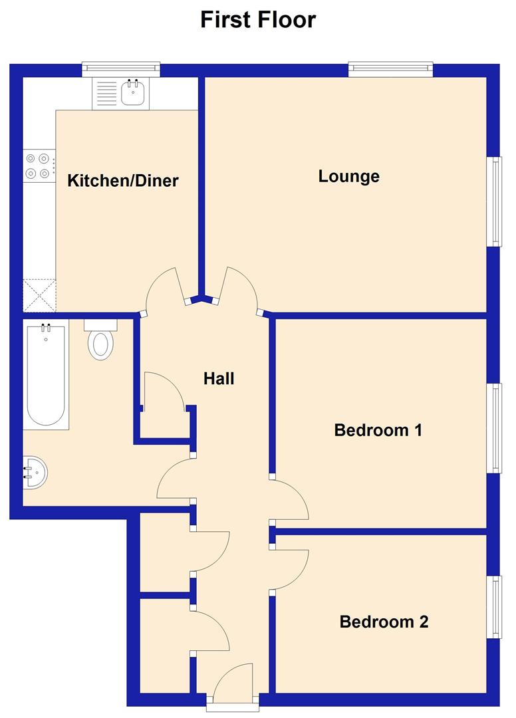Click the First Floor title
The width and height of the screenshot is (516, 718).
point(258,20)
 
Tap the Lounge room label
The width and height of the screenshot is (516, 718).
point(348,176)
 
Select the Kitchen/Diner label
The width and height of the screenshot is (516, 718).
point(124,180)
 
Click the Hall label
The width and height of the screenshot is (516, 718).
point(219,379)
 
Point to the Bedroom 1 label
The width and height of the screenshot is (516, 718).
point(378,430)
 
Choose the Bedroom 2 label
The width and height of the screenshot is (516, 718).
point(384,622)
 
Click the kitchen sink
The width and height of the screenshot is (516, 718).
point(133,93)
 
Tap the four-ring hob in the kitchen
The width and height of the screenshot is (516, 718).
point(38,166)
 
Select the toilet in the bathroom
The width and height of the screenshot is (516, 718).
point(101,340)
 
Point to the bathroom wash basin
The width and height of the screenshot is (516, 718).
point(33,472)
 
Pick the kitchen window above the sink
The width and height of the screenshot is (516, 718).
point(122,68)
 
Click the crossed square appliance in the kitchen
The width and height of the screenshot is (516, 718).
point(39,295)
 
